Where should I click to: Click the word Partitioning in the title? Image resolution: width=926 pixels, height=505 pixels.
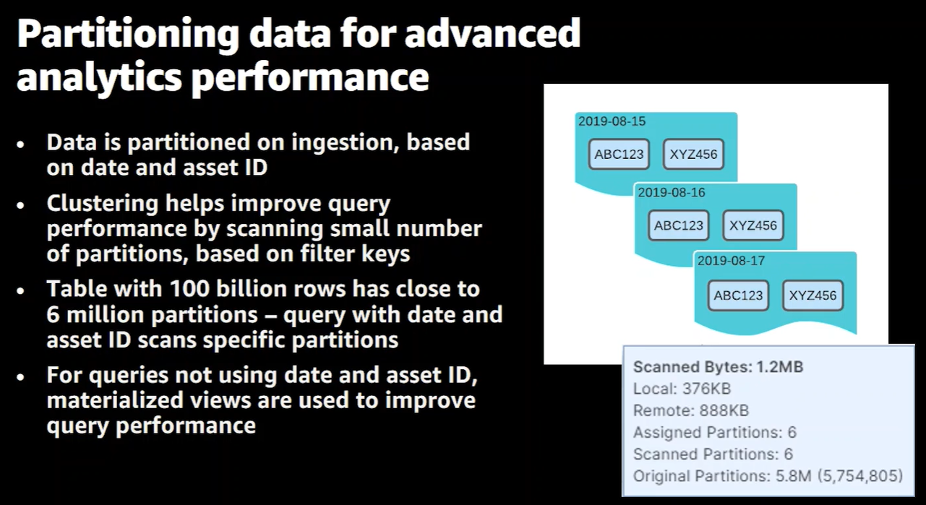(128, 35)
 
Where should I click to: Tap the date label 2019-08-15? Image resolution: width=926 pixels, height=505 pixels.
(612, 121)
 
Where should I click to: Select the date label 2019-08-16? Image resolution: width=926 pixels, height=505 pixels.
(672, 193)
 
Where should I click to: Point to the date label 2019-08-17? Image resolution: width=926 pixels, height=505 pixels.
(731, 261)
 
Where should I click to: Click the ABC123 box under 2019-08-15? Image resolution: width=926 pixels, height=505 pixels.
(619, 154)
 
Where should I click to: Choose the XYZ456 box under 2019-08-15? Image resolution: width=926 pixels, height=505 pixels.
(693, 154)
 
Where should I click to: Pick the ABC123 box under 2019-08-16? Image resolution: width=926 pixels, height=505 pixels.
(678, 225)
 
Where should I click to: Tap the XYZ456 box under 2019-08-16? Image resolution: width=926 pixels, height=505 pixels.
(753, 225)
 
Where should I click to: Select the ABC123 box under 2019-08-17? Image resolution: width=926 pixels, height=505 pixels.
(738, 295)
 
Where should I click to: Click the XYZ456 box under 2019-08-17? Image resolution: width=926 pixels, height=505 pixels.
(813, 295)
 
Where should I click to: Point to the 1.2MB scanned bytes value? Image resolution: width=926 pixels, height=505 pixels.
(780, 367)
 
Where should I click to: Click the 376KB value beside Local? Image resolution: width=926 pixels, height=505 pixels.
(706, 389)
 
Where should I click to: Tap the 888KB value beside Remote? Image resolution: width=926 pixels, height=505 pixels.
(724, 410)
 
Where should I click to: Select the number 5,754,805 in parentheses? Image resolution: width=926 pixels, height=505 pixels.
(860, 475)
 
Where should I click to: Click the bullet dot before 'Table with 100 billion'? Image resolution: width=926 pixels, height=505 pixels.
(21, 290)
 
